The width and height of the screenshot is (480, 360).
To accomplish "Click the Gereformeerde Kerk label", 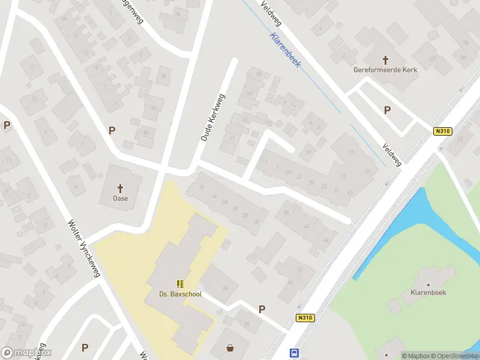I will [385, 70].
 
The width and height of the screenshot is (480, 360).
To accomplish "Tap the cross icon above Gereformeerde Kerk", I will [385, 59].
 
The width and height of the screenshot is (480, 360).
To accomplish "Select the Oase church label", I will [120, 198].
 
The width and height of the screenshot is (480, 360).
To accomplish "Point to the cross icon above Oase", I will [120, 188].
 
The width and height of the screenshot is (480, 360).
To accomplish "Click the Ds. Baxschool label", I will [180, 294].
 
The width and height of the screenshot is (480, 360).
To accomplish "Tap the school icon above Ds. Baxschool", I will [180, 284].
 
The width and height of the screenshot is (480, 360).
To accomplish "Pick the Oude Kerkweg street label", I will [212, 118].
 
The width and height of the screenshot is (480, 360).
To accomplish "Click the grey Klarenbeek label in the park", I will [427, 295].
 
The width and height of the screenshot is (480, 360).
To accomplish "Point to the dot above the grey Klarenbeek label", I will [428, 285].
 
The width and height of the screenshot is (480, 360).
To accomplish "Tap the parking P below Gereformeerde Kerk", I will [387, 110].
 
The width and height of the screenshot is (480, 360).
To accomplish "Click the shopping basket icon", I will [230, 347].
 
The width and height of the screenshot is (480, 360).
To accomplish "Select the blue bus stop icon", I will [294, 353].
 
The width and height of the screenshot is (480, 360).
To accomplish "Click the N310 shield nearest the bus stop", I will [305, 319].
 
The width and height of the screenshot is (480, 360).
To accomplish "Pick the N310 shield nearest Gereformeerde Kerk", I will [443, 131].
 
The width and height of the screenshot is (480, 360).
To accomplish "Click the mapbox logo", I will [26, 353].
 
